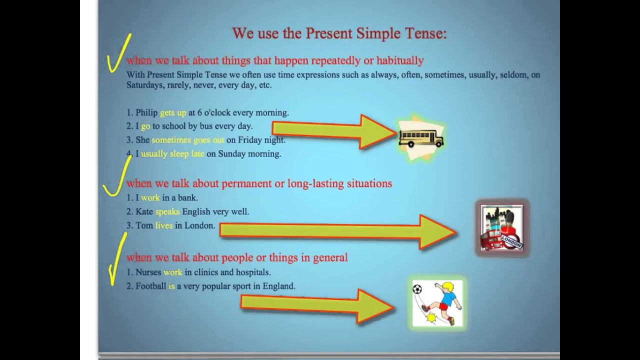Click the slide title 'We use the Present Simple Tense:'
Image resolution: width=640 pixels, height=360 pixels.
point(339,33)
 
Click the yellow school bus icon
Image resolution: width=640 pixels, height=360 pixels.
point(421,138)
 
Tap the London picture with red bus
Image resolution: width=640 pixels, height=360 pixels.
point(501,228)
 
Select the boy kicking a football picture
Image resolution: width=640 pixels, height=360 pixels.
point(437,303)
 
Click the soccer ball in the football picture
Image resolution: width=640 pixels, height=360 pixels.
point(417,289)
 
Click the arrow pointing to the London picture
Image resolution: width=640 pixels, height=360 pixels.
point(338,231)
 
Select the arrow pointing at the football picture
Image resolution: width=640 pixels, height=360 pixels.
point(317,304)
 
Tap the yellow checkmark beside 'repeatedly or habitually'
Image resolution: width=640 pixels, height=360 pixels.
point(119,54)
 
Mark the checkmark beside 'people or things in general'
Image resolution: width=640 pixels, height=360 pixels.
point(117,260)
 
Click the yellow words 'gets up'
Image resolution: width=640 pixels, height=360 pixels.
point(173,113)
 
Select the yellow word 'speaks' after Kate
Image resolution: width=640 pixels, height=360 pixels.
point(167,212)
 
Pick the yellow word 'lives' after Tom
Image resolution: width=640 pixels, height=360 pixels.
point(163,226)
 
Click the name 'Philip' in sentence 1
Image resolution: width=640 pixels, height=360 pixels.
point(146,113)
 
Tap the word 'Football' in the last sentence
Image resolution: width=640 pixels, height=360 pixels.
point(150,286)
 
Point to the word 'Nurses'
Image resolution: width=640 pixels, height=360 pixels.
point(148,272)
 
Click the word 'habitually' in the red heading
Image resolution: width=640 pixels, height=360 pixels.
point(400,61)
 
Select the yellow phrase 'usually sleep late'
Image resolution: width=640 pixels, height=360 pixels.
point(172,154)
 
